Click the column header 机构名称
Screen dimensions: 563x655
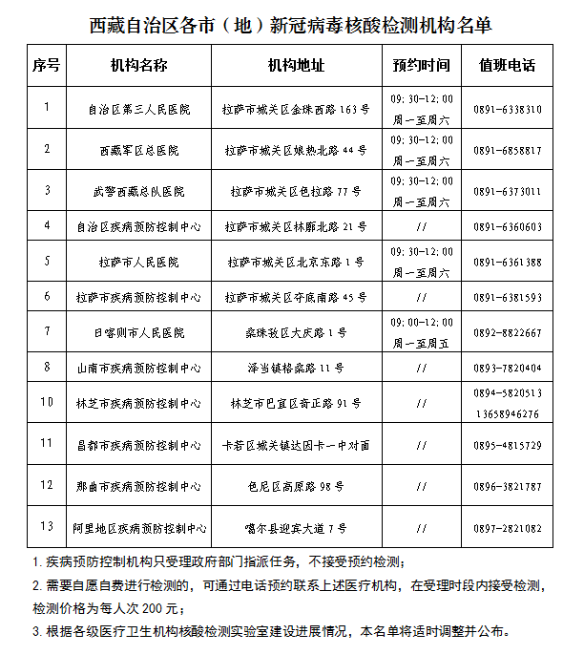(x=138, y=67)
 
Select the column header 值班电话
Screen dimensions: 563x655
(x=507, y=67)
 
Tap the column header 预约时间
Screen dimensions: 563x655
(x=421, y=67)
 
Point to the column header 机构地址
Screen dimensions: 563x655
(x=296, y=67)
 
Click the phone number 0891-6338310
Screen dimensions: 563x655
(x=507, y=110)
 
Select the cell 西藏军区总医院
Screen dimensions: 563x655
(x=138, y=151)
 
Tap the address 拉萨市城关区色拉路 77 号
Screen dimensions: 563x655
(x=296, y=191)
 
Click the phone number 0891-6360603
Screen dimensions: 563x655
(x=507, y=227)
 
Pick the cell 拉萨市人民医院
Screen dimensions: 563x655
(x=138, y=262)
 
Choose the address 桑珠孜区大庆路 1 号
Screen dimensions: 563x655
(x=296, y=333)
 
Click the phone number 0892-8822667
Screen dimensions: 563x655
(x=507, y=333)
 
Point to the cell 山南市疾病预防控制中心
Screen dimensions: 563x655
(x=138, y=368)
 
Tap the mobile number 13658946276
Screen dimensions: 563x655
(x=507, y=414)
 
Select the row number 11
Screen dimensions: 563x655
(x=47, y=443)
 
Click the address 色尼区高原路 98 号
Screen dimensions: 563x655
(x=296, y=486)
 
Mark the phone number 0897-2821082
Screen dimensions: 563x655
(x=507, y=528)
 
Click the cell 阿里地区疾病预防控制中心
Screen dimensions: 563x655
(x=138, y=528)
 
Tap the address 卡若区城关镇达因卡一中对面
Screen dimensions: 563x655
(x=296, y=445)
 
